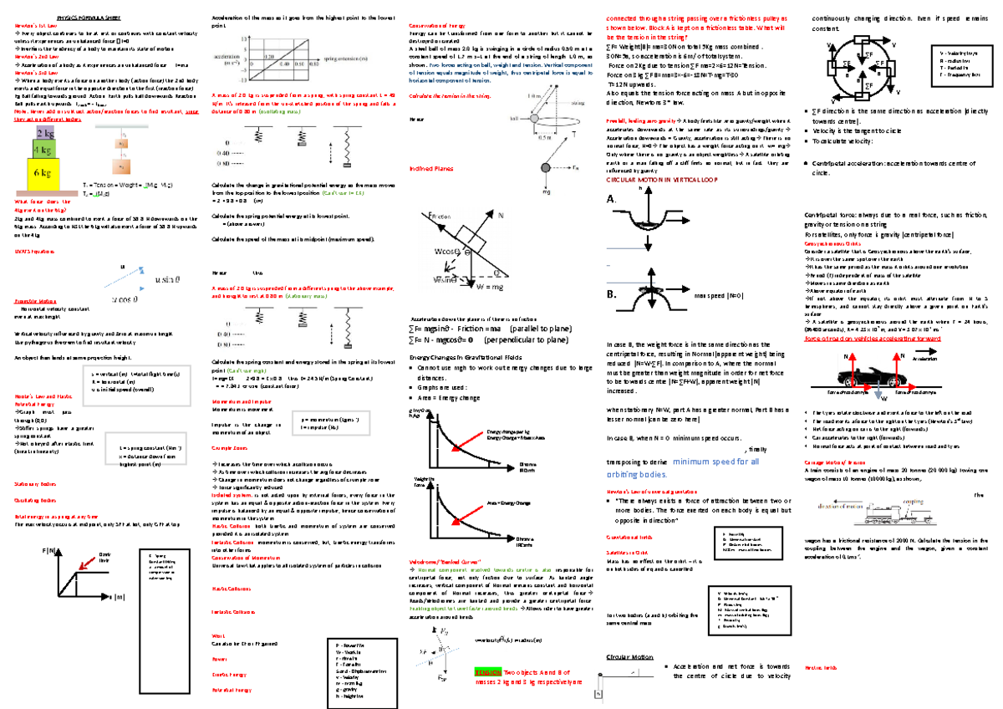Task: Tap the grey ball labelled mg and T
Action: tap(545, 168)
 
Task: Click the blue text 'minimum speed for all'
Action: tap(715, 460)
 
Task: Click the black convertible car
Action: tap(879, 374)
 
